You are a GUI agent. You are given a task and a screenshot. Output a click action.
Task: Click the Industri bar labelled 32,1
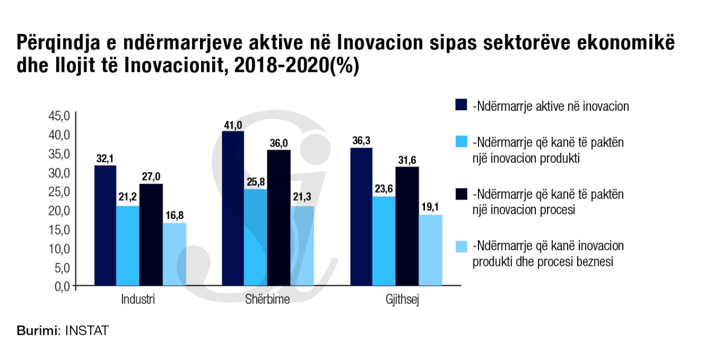click(x=105, y=226)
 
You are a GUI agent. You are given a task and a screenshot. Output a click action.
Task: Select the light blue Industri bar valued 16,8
click(x=174, y=254)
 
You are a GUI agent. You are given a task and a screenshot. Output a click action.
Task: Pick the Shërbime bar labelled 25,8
click(x=256, y=237)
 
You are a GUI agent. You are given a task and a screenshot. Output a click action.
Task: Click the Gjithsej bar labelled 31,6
click(x=407, y=226)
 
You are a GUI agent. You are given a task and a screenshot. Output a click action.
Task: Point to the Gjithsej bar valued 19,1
click(x=431, y=250)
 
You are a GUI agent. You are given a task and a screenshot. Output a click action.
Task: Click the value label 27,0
click(x=150, y=177)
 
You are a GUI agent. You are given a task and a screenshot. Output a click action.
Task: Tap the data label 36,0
click(x=279, y=143)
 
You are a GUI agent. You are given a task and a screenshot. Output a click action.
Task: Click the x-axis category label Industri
click(x=138, y=300)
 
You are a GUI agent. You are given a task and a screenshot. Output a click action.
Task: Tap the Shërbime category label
click(x=267, y=300)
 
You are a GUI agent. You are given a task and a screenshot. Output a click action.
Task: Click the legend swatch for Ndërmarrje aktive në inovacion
click(x=461, y=105)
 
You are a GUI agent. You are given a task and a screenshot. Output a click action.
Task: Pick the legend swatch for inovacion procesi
click(x=461, y=194)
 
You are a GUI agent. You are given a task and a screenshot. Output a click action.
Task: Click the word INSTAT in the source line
click(x=87, y=330)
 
